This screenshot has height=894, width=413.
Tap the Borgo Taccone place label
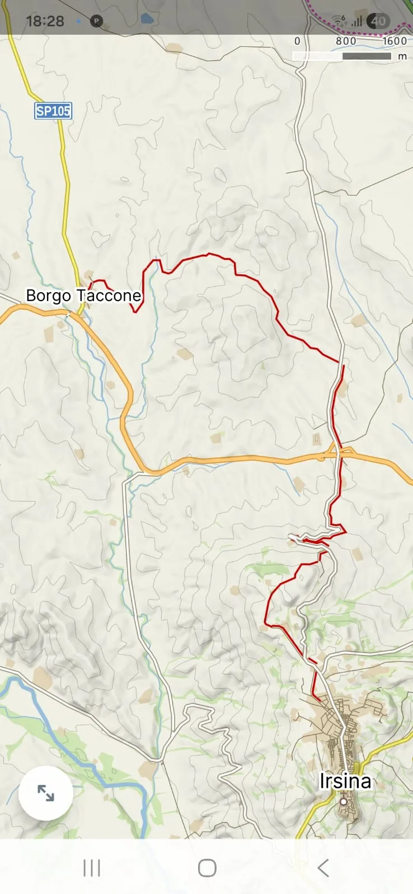(83, 295)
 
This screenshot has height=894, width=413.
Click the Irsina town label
(345, 781)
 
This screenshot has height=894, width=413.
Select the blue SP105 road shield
(53, 111)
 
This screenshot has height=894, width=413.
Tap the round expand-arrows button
(45, 793)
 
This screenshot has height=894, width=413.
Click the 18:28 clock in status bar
(45, 21)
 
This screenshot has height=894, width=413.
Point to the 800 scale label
(346, 41)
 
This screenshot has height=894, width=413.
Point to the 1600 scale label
(395, 41)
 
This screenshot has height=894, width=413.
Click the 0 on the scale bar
(297, 41)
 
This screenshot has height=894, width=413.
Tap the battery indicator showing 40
(378, 21)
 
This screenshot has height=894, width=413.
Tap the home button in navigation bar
(207, 868)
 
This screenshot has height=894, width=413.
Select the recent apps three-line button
(92, 868)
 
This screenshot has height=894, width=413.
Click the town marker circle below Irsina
(344, 802)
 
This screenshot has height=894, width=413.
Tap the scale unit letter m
(402, 56)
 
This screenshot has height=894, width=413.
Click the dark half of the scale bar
(367, 56)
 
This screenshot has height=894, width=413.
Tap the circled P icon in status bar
(96, 21)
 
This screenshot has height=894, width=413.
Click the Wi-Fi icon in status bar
(338, 21)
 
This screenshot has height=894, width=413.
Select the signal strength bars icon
(356, 21)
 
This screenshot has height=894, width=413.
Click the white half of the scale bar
(317, 56)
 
